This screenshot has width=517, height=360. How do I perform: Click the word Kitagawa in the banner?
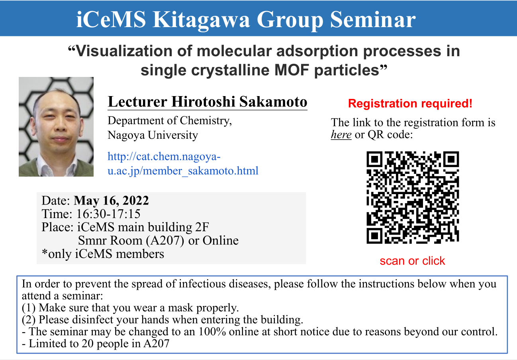click(x=201, y=20)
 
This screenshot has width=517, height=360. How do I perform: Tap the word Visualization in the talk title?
click(x=124, y=51)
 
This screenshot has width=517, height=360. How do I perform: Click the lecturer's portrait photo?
click(x=56, y=127)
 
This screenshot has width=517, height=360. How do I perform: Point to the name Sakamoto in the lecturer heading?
click(x=273, y=102)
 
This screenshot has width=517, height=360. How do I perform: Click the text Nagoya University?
click(x=153, y=135)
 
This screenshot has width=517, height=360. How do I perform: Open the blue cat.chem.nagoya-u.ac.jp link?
click(x=183, y=163)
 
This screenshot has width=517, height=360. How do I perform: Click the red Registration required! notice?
click(x=410, y=104)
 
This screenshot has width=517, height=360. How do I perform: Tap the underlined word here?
click(x=341, y=134)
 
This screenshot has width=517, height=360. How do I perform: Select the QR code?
click(x=413, y=197)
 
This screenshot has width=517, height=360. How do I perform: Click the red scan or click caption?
click(x=412, y=261)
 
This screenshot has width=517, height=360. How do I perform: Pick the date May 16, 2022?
click(x=111, y=201)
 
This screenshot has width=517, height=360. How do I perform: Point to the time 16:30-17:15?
click(x=108, y=214)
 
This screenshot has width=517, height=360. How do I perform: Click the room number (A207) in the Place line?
click(x=165, y=240)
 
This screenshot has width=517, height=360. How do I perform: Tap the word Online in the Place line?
click(x=220, y=240)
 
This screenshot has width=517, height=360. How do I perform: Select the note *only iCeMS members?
click(x=103, y=254)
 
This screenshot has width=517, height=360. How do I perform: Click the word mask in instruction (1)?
click(x=180, y=307)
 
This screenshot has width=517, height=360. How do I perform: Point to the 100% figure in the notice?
click(x=212, y=332)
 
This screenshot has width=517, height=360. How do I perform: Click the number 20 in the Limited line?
click(x=87, y=344)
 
